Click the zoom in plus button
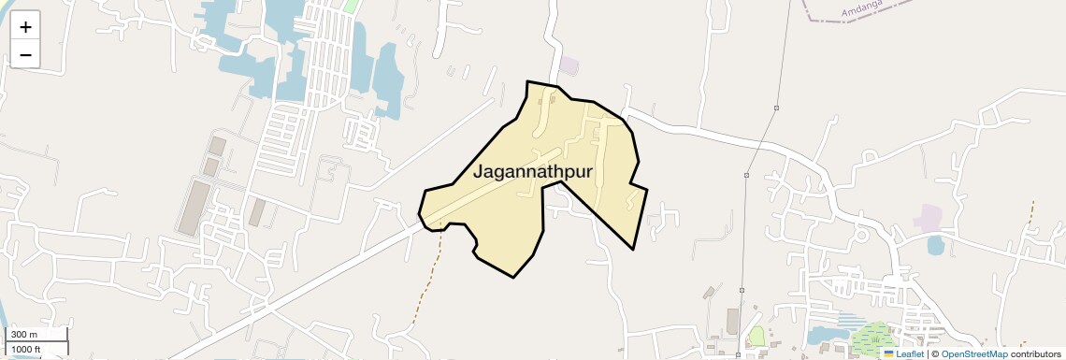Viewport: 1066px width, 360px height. point(25,27)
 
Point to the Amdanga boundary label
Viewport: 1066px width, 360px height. point(862,10)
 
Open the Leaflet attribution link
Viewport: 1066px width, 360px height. point(909,354)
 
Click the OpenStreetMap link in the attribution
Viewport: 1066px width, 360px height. point(973,354)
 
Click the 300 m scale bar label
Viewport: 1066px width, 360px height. point(24,335)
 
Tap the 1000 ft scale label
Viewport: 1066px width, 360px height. point(26,349)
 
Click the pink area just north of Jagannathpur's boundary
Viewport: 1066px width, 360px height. point(569,66)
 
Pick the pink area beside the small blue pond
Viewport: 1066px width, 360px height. point(929,219)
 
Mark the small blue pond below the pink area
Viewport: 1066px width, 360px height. point(935,245)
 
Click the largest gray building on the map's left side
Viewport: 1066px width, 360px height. point(194,208)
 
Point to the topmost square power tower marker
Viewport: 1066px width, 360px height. point(776,108)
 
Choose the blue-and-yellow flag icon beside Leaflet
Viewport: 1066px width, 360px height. point(888,354)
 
